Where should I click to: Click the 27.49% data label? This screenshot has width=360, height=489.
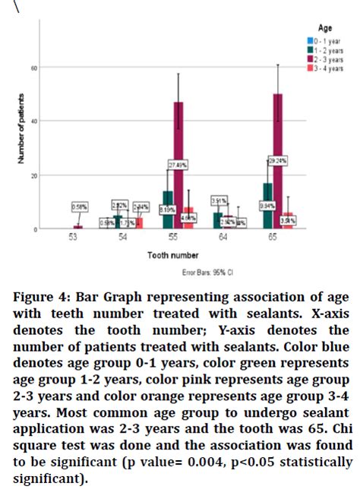(178, 166)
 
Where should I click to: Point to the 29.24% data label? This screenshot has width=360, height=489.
(276, 161)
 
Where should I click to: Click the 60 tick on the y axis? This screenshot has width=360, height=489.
(33, 68)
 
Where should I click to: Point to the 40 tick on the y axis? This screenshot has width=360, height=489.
(33, 121)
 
